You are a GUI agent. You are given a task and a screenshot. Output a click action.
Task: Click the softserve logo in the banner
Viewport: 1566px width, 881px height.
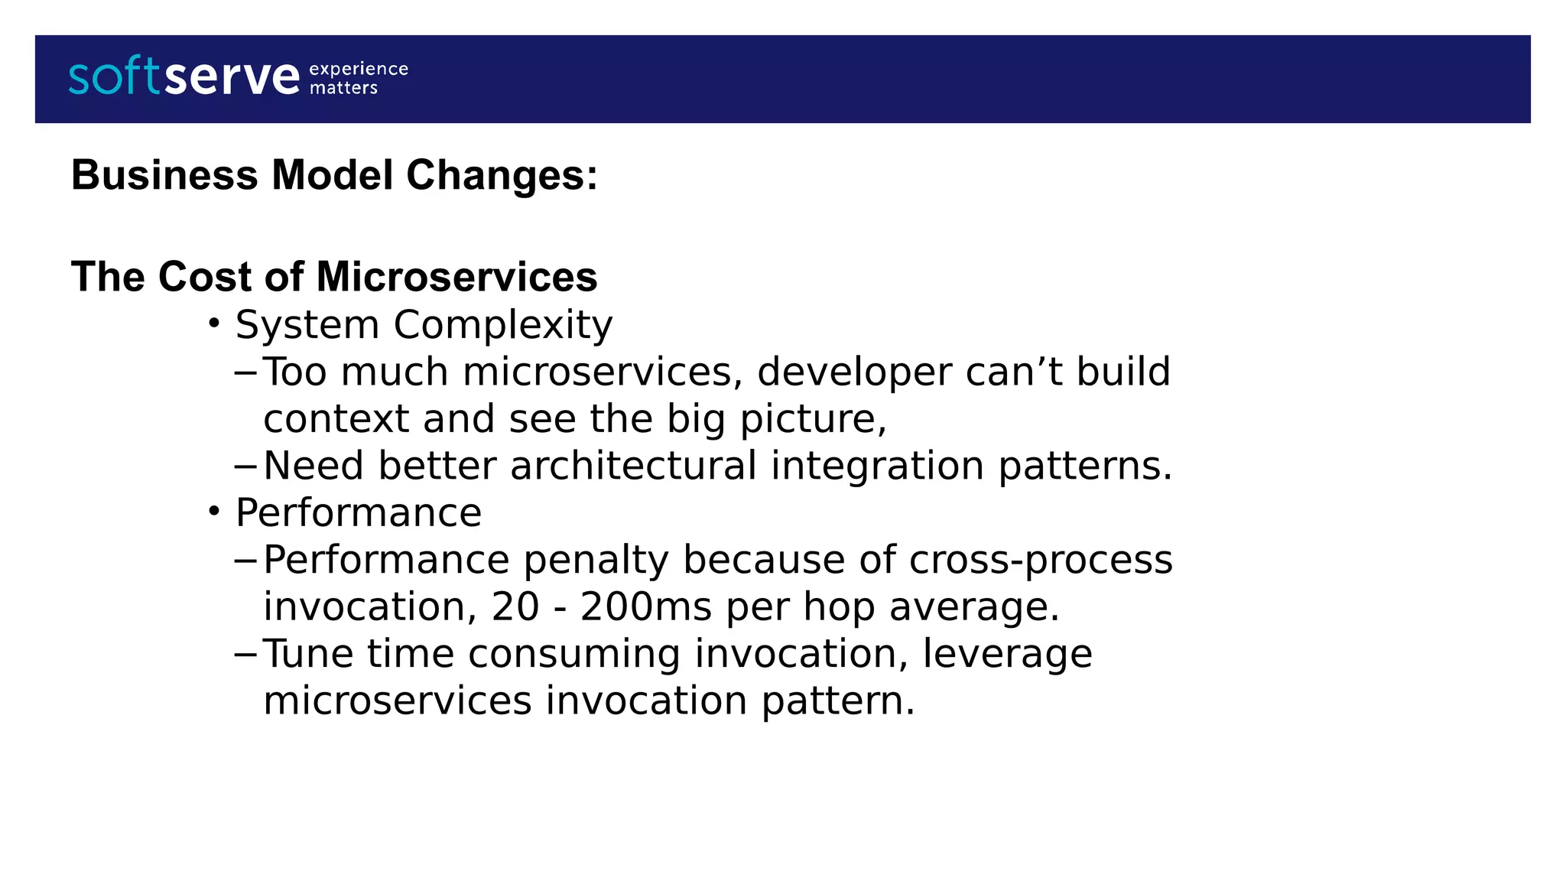[x=184, y=76]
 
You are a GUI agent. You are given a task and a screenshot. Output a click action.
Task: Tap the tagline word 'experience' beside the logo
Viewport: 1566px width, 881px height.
[x=358, y=69]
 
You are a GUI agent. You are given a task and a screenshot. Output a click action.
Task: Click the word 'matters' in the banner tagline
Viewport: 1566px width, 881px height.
[x=343, y=88]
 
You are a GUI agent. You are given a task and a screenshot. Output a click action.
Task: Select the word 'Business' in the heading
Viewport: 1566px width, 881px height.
[x=164, y=175]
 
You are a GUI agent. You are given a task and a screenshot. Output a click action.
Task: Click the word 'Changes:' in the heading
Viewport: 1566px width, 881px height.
[x=502, y=175]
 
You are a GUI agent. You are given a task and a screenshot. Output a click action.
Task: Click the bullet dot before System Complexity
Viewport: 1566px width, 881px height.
[x=214, y=323]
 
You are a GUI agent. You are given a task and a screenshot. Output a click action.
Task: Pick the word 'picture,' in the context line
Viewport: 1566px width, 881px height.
[x=813, y=419]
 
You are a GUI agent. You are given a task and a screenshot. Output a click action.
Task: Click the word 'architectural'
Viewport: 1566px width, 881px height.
[x=633, y=466]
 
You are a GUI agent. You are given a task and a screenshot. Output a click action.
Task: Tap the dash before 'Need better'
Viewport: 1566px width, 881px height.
[x=245, y=466]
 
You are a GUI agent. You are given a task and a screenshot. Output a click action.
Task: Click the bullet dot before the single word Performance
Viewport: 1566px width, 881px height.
[x=214, y=510]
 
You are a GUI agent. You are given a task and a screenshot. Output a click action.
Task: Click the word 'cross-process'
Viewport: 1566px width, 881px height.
[x=1040, y=560]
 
